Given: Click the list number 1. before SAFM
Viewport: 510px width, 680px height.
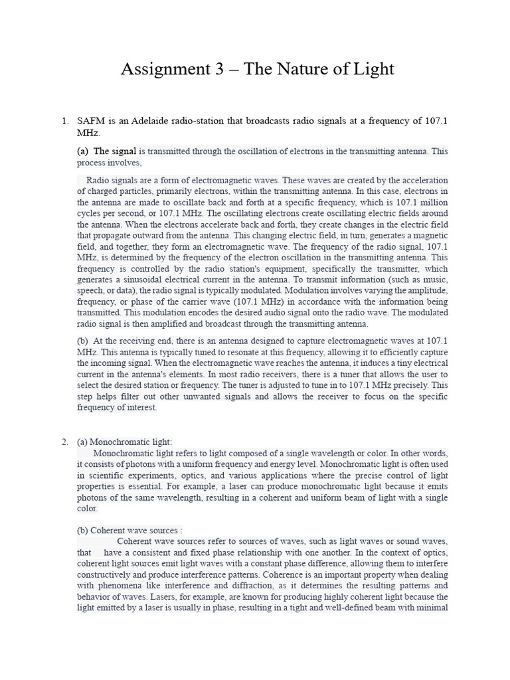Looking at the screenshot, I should [65, 121].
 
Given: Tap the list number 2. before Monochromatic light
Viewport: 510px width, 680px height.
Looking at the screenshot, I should [65, 442].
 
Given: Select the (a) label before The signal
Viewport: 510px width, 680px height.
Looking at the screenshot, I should [83, 151].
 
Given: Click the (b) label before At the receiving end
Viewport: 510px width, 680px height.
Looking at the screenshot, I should [83, 341].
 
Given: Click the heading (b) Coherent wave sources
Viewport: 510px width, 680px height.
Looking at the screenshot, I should [129, 531].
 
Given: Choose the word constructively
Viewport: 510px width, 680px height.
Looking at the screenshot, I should [106, 575].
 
